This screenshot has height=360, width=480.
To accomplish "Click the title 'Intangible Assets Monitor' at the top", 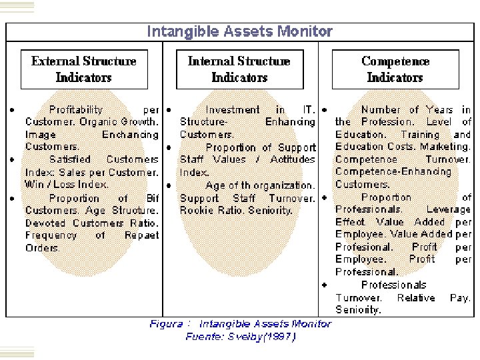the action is coord(239,31).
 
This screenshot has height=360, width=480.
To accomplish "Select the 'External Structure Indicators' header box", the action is coord(84,69).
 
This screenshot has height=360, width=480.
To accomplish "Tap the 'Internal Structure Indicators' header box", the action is coord(239,69).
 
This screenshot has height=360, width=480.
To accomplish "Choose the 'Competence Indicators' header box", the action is coord(395,69).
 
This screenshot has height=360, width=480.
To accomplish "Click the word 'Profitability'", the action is coord(76,109).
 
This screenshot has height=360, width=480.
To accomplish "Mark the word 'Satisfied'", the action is coord(70,159).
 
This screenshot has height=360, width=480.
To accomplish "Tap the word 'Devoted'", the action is coord(47,223).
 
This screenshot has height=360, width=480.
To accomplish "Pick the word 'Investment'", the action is coord(233,109).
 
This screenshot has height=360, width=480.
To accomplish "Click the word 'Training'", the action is coord(421,135).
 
